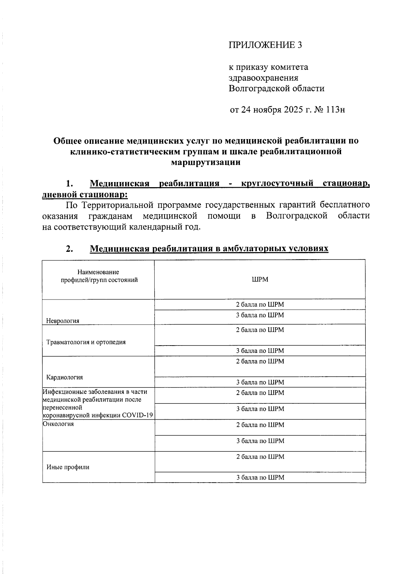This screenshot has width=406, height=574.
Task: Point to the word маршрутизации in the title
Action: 206,162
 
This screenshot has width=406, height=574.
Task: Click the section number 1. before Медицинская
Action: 70,184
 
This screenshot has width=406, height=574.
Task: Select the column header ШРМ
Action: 260,280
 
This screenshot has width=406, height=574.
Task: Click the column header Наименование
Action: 98,272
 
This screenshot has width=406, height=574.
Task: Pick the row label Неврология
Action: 63,321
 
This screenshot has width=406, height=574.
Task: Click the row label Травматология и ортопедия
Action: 86,342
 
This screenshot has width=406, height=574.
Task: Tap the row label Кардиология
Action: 65,377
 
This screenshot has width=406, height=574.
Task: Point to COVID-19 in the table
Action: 138,415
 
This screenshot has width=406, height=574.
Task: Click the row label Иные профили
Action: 68,467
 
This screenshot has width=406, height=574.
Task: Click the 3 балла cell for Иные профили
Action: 260,478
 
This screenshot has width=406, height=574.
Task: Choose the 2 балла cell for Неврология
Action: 260,304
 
